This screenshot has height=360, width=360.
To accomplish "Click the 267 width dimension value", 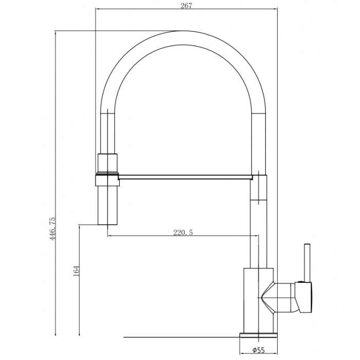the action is coord(186,6).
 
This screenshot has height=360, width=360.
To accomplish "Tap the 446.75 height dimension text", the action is coord(52,229).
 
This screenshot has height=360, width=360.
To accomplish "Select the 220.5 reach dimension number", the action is coord(183,233).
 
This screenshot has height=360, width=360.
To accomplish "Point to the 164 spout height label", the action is coord(76,271).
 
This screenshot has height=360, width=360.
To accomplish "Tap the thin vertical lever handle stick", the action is coord(307,263).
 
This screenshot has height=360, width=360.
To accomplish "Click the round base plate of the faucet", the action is coord(258,335).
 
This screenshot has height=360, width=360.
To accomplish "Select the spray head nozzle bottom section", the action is coord(107,205).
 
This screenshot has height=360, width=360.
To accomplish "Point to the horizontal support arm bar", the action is coord(185,177).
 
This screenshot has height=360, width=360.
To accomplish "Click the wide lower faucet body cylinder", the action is coord(259,300).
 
